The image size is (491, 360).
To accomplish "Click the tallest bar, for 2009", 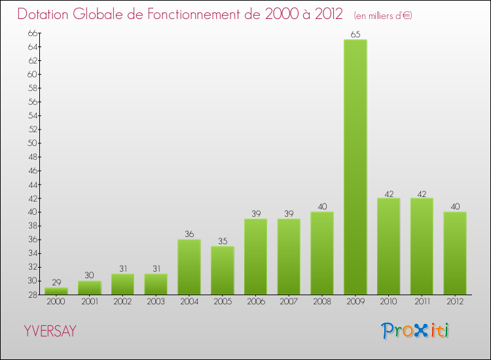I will click(355, 167).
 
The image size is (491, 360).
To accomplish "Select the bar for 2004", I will click(189, 266).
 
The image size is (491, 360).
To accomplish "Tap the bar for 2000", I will click(56, 291).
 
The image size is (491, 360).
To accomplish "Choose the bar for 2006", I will click(256, 257).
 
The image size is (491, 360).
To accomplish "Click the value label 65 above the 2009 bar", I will click(355, 35).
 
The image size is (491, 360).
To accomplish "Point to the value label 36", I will click(189, 234).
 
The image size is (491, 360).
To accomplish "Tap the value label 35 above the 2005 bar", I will click(223, 241).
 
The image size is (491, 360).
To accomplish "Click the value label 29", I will click(56, 282).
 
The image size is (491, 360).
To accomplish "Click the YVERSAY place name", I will click(50, 331).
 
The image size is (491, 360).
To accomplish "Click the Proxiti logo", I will click(416, 331).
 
